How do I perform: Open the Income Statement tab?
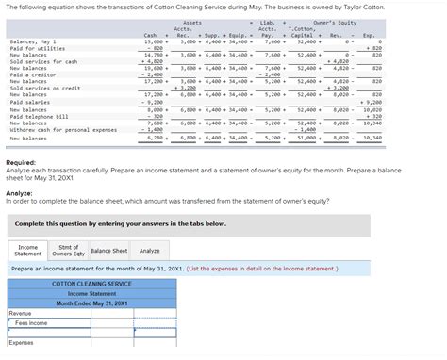(x=28, y=250)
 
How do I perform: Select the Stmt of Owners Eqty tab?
(x=67, y=250)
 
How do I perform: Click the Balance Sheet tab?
(x=108, y=250)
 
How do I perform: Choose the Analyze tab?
(x=149, y=250)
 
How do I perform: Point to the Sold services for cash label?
(x=43, y=61)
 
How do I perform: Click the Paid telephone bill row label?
(x=39, y=116)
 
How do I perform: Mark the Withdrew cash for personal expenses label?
(x=63, y=130)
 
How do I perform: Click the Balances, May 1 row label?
(x=32, y=41)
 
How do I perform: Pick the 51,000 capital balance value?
(x=307, y=138)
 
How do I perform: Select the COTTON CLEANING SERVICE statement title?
(x=91, y=284)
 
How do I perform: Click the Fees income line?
(x=32, y=323)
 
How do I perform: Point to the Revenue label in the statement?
(x=20, y=313)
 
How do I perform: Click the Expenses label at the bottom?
(x=22, y=342)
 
